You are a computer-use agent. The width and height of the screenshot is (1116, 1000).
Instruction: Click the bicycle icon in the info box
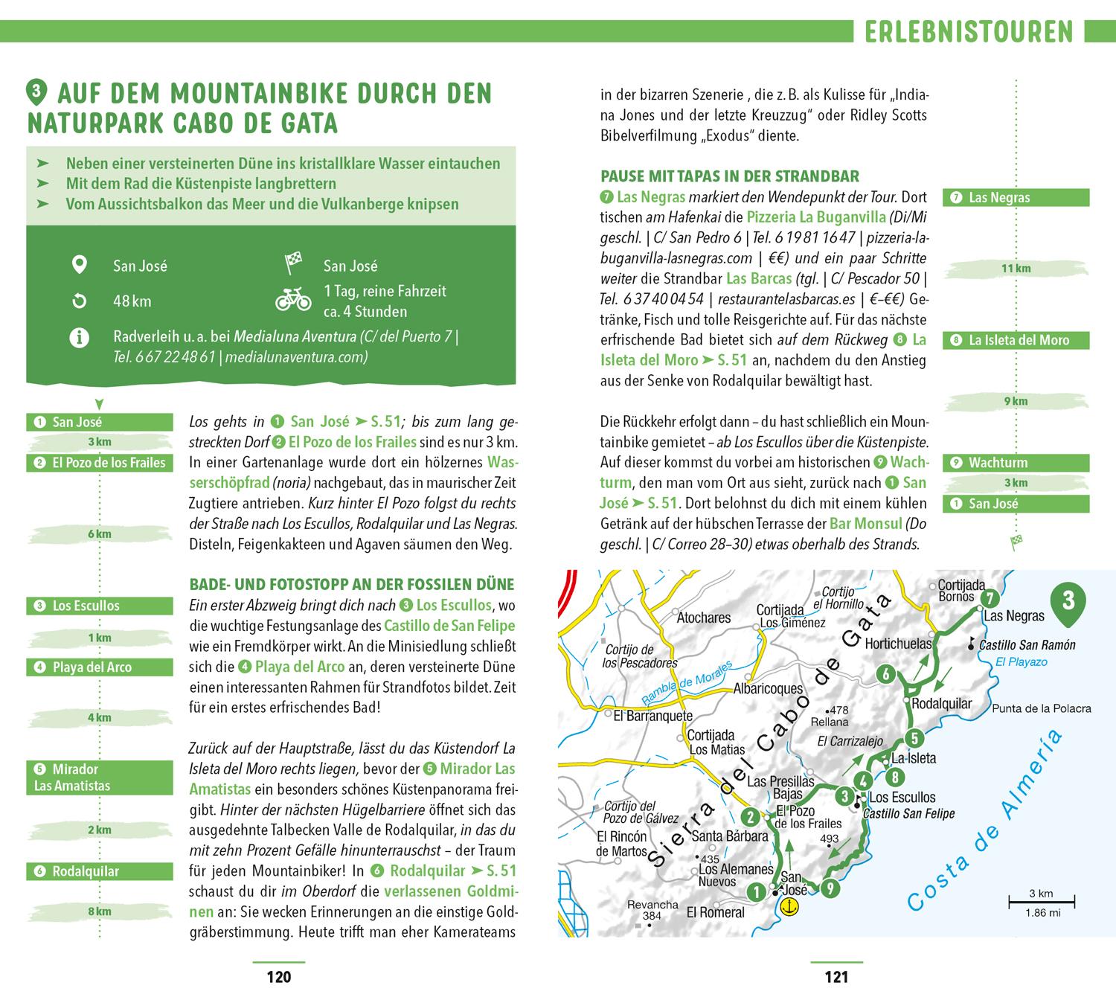point(293,299)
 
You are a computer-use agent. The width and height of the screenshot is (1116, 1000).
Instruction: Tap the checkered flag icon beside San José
point(293,264)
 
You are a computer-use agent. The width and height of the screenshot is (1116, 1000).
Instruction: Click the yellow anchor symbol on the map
point(791,906)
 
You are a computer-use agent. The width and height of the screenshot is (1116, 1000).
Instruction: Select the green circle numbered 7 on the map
point(989,598)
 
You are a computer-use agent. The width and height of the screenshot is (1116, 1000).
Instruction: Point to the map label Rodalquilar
point(941,703)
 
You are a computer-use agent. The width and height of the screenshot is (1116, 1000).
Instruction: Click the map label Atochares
point(704,617)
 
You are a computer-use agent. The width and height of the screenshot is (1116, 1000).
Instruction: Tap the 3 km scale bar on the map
point(1040,903)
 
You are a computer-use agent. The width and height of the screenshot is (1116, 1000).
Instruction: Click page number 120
point(279,977)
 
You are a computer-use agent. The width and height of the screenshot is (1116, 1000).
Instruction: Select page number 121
point(837,977)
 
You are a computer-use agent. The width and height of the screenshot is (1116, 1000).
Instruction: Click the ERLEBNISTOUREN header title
point(969,32)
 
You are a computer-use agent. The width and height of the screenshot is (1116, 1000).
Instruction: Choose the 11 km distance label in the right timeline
point(1016,268)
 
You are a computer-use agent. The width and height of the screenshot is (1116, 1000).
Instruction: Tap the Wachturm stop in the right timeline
point(1016,462)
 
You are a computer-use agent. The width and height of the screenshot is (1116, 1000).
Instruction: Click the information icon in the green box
point(79,338)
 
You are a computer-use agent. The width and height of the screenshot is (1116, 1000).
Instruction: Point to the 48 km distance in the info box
point(132,301)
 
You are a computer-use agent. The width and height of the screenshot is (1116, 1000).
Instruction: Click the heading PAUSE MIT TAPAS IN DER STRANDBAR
point(729,176)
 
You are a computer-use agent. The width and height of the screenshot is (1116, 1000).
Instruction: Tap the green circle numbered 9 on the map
point(830,888)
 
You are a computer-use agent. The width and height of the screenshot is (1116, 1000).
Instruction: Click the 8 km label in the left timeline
point(99,911)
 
